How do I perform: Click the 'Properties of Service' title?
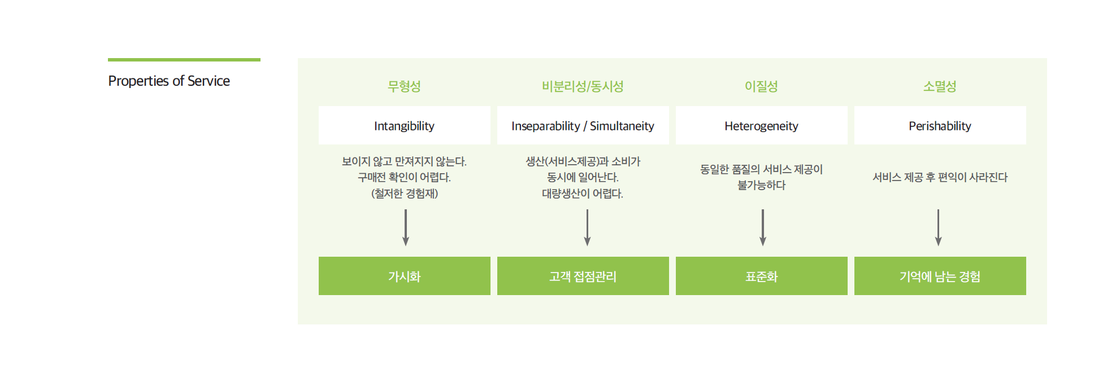(169, 81)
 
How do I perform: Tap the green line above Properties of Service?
(184, 60)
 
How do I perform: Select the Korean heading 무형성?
(404, 86)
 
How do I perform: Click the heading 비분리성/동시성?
(583, 86)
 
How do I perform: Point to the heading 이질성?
(761, 86)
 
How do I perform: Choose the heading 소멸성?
(940, 86)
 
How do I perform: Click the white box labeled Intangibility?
(405, 125)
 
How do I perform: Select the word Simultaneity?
(622, 126)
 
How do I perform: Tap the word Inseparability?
(546, 126)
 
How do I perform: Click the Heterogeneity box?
(762, 125)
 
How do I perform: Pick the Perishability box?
(940, 125)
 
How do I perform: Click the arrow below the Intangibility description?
(406, 227)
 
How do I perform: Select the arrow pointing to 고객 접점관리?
(587, 227)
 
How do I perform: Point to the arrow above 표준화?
(763, 227)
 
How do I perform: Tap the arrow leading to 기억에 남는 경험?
(939, 227)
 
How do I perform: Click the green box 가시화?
(405, 276)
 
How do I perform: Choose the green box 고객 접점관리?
(583, 276)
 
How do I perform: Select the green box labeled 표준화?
(762, 276)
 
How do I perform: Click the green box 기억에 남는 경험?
(940, 276)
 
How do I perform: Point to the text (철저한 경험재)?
(405, 194)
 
